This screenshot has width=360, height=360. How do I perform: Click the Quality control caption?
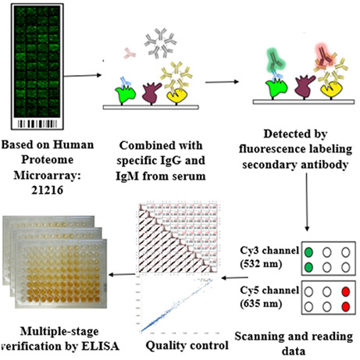176,340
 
